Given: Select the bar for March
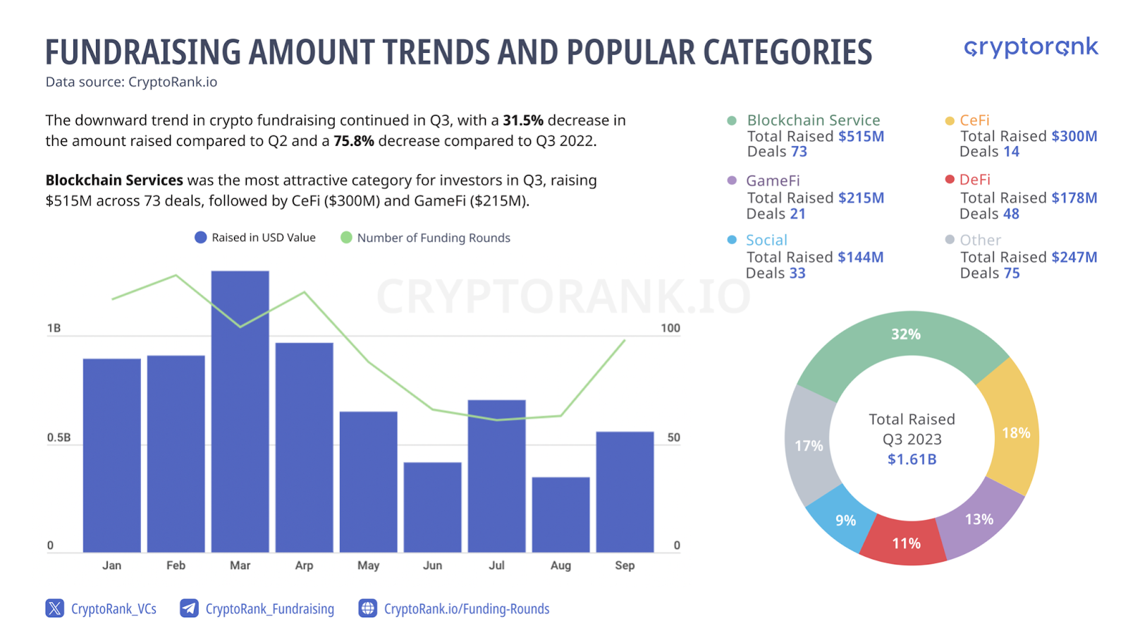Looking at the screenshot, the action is point(240,411).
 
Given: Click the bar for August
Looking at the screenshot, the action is point(560,514).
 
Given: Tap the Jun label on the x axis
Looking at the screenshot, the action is point(432,565).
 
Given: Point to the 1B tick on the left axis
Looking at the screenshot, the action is point(54,329).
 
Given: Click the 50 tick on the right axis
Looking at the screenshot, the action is point(673,437).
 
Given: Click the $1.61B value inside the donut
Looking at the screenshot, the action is point(912,459).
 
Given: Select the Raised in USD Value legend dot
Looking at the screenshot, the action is point(200,238).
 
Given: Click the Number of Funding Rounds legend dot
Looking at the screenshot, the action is point(346,238).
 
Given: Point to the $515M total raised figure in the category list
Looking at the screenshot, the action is point(861,137).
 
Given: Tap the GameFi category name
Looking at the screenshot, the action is point(773,181).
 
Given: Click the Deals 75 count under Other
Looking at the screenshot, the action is point(990,273).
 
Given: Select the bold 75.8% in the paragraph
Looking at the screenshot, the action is point(353,140).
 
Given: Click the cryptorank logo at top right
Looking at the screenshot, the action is point(1031,48).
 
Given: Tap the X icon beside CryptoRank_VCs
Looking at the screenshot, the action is point(54,608).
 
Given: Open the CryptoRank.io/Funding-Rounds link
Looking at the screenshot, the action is point(466,609).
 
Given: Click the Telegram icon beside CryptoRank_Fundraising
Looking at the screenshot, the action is point(189,608).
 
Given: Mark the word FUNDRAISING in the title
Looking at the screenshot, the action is point(143,52).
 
